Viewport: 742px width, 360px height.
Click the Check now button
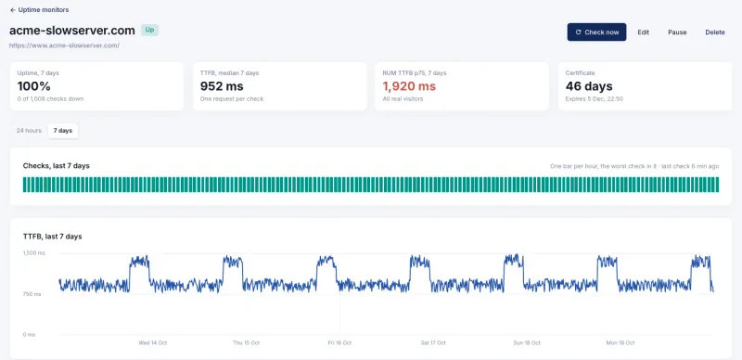(596, 32)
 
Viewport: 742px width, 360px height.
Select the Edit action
(643, 32)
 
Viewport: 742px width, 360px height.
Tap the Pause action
(677, 32)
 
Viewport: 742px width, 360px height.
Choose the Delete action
(715, 32)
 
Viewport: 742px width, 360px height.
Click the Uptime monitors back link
(39, 10)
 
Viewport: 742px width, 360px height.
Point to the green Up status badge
(149, 30)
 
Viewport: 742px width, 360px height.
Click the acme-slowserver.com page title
(72, 31)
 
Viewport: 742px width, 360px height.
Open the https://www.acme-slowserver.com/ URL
(64, 45)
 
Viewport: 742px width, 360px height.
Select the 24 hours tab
(29, 131)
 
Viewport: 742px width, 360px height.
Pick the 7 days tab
(63, 131)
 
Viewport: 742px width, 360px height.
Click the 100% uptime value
(34, 86)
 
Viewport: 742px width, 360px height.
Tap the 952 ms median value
(222, 86)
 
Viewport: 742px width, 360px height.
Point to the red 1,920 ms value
(409, 86)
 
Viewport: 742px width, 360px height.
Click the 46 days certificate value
(589, 86)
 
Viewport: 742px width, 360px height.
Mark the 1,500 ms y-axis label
(34, 253)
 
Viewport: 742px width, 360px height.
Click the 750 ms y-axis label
(32, 294)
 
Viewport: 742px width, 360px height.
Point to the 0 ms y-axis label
(29, 334)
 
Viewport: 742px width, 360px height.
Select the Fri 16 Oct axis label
(339, 342)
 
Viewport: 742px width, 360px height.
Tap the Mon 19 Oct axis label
(620, 342)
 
